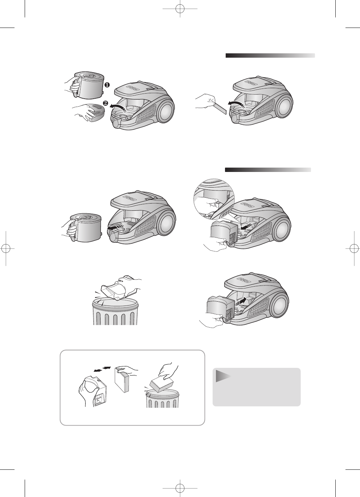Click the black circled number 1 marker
point(107,84)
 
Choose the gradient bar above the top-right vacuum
point(270,56)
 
